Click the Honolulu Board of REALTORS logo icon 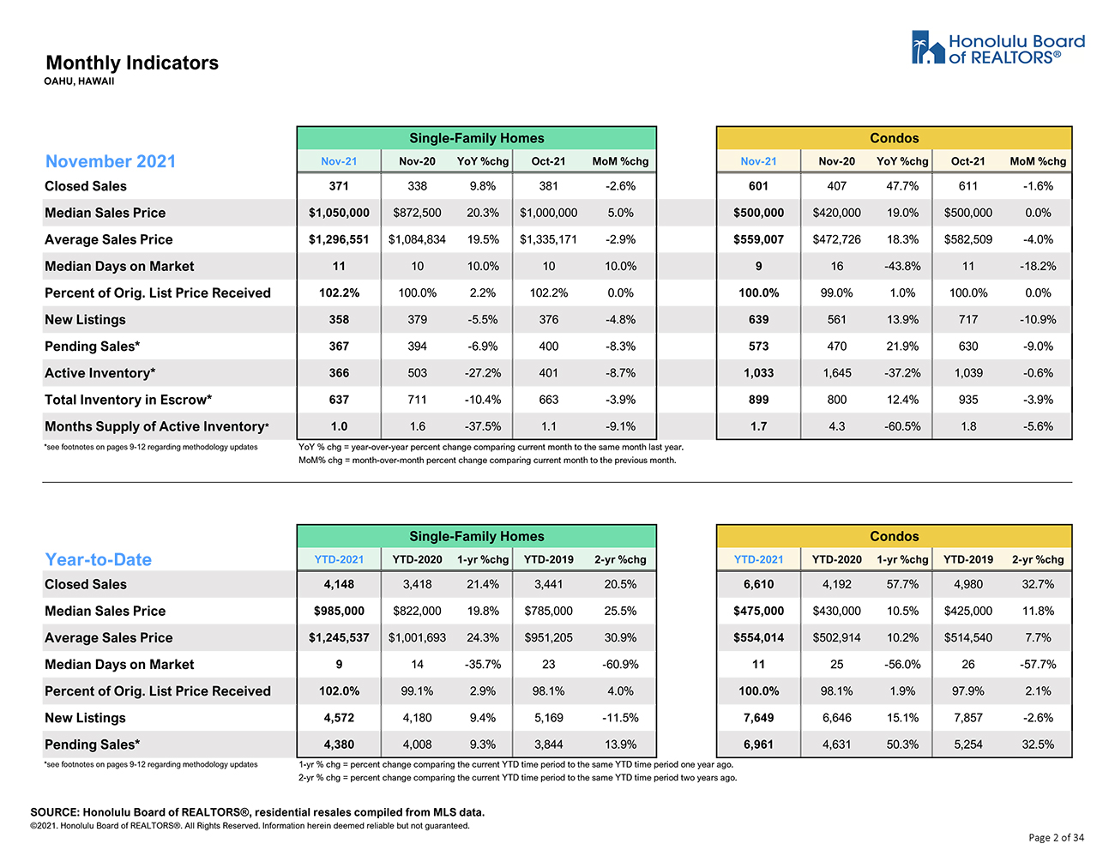[x=927, y=47]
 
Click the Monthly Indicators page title [x=132, y=63]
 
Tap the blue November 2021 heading [x=111, y=161]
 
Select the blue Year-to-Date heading [x=98, y=559]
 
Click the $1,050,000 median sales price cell [x=339, y=213]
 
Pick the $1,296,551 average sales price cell [x=339, y=239]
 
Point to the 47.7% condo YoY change [x=902, y=186]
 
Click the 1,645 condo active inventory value [x=837, y=373]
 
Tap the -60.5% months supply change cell [x=902, y=426]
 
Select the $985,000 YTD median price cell [x=339, y=611]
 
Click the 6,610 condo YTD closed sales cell [x=758, y=584]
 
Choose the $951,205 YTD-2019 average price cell [x=549, y=637]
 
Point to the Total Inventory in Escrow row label [x=129, y=400]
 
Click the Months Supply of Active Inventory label [x=157, y=426]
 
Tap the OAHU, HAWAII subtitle [x=79, y=81]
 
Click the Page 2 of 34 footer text [x=1056, y=837]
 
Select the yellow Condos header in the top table [x=894, y=138]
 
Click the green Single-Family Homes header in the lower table [x=477, y=536]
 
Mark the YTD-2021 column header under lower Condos [x=758, y=559]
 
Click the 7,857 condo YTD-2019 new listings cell [x=967, y=717]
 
